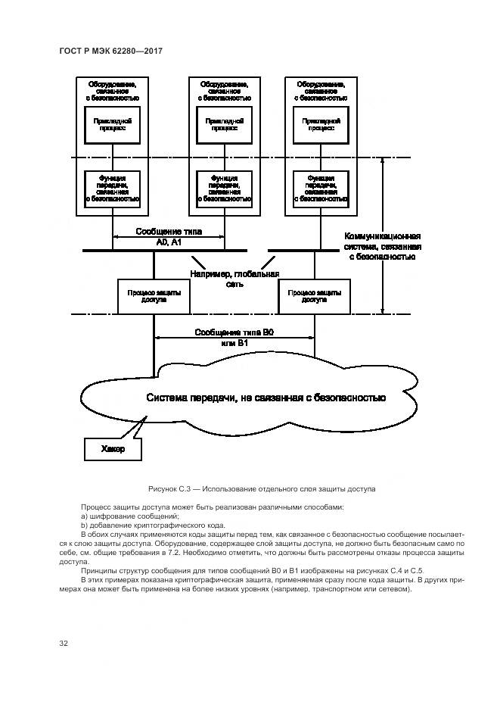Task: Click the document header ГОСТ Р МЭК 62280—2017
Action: pos(111,51)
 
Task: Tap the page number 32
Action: pos(64,644)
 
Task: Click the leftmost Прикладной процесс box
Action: pos(112,124)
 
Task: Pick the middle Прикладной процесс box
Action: pos(224,124)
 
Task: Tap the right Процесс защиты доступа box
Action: pos(314,296)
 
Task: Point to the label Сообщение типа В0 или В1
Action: pos(234,338)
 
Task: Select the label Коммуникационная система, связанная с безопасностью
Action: pos(383,246)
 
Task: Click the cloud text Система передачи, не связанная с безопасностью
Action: pos(266,398)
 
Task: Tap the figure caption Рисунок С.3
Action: pos(262,489)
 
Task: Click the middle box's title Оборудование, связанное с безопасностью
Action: pos(224,91)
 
